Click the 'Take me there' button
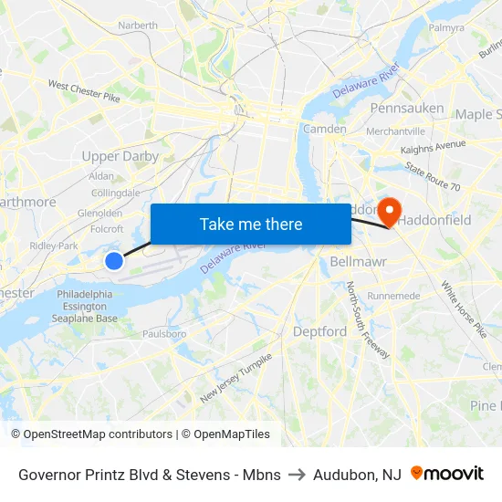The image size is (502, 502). point(251,224)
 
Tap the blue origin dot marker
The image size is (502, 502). point(114,261)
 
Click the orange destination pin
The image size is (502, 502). point(390,213)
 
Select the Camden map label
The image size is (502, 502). point(324,129)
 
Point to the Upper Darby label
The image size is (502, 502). point(120,156)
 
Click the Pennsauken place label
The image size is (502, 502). point(407,108)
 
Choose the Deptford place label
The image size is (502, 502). point(319,331)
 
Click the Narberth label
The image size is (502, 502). point(138,26)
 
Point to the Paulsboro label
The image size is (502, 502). point(164,334)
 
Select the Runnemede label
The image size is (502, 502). point(393,296)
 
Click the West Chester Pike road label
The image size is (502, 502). point(84,90)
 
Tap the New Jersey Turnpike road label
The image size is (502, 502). point(235,378)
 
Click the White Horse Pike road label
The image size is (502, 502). point(464,309)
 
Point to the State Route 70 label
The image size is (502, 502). point(433,177)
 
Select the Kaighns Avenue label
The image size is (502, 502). point(434,147)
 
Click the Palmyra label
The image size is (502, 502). point(446,27)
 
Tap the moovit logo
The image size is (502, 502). point(446,474)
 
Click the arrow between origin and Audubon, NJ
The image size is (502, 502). point(297,475)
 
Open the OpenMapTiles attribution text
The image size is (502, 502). point(225,434)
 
